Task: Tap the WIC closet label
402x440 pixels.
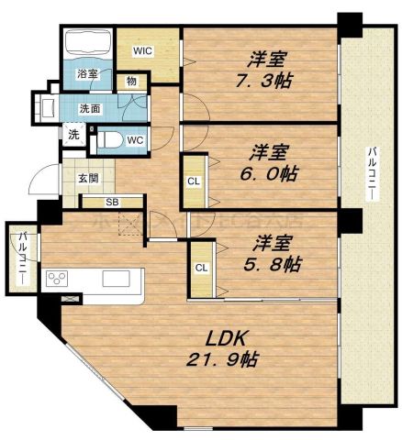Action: coord(141,50)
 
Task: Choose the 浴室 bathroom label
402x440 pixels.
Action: coord(87,73)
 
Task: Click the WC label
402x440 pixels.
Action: coord(134,140)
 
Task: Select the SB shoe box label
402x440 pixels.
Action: coord(111,202)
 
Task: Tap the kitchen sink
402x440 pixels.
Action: coord(117,279)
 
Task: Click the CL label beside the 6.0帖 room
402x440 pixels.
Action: coord(193,181)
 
